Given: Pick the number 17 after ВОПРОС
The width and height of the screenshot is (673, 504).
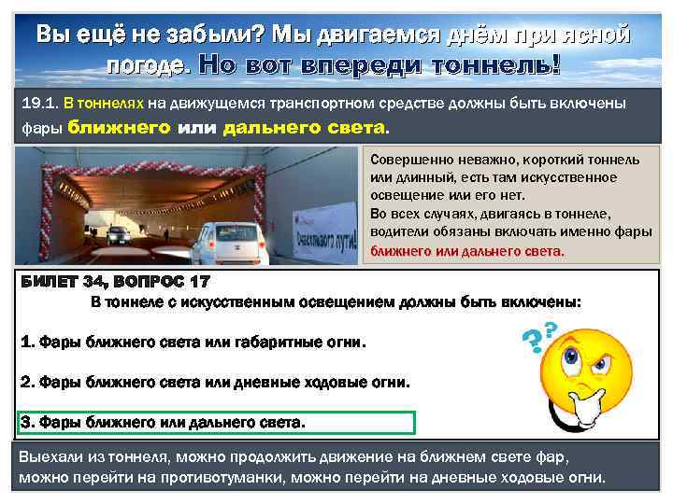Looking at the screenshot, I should (201, 282).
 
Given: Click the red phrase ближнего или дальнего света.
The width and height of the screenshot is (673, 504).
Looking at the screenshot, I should (467, 251).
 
